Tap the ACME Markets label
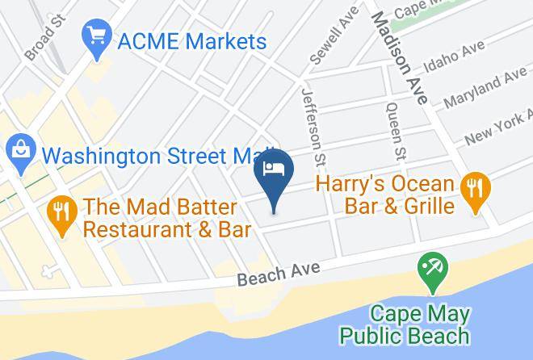tap(191, 40)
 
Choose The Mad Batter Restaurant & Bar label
tap(168, 218)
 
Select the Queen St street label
tap(396, 128)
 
